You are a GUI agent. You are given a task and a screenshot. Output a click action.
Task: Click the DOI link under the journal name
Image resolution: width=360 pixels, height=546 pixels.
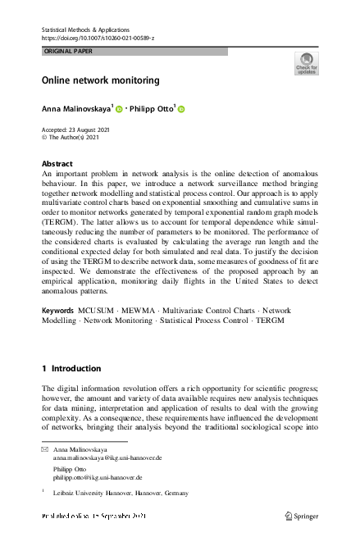[x=98, y=38]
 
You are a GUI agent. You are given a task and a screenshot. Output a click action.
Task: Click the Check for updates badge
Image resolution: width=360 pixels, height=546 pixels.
[x=306, y=64]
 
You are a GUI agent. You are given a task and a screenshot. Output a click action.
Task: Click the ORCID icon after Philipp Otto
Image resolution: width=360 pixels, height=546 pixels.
[x=181, y=109]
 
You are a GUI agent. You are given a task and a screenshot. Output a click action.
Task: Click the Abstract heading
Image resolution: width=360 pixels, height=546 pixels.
[x=57, y=164]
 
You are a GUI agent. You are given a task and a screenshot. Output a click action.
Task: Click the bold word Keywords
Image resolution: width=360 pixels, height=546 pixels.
[x=60, y=311]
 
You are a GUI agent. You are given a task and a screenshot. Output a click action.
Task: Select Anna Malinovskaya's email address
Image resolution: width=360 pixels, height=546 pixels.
[x=107, y=459]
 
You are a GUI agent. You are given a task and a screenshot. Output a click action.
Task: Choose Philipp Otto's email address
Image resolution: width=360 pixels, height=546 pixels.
[x=98, y=476]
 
